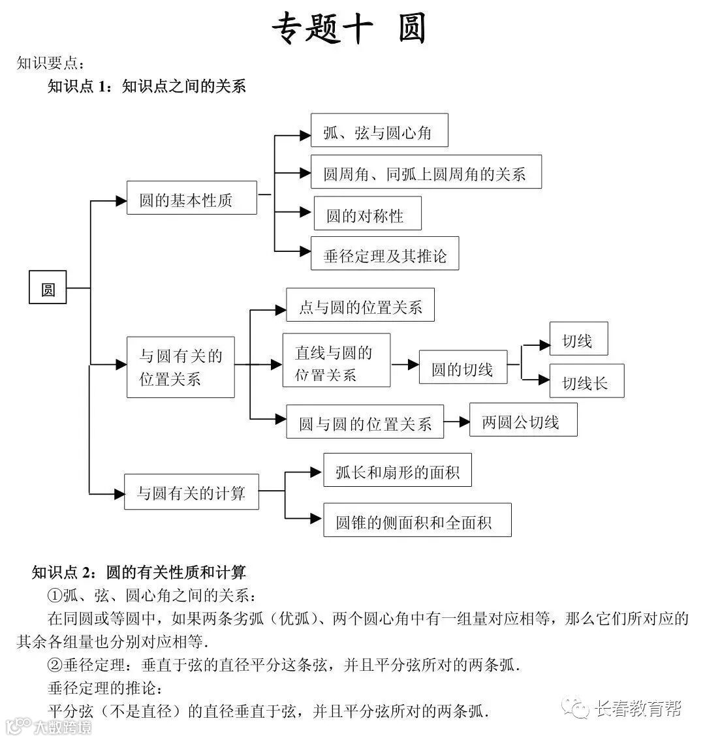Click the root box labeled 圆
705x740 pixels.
pyautogui.click(x=48, y=288)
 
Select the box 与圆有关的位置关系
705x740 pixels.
pyautogui.click(x=181, y=367)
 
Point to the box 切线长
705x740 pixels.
pyautogui.click(x=586, y=381)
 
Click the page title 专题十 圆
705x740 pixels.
pyautogui.click(x=349, y=29)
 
